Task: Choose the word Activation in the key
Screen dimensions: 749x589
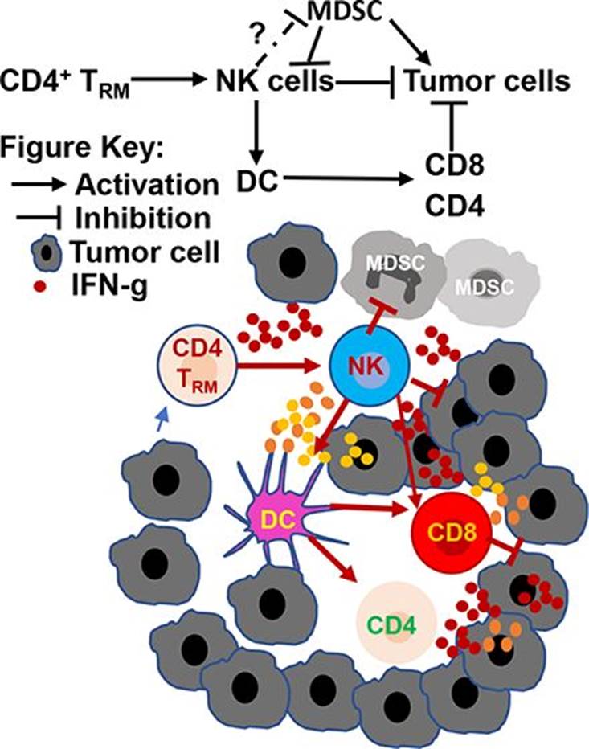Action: point(146,184)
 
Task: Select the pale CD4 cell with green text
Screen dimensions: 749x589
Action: point(397,624)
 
